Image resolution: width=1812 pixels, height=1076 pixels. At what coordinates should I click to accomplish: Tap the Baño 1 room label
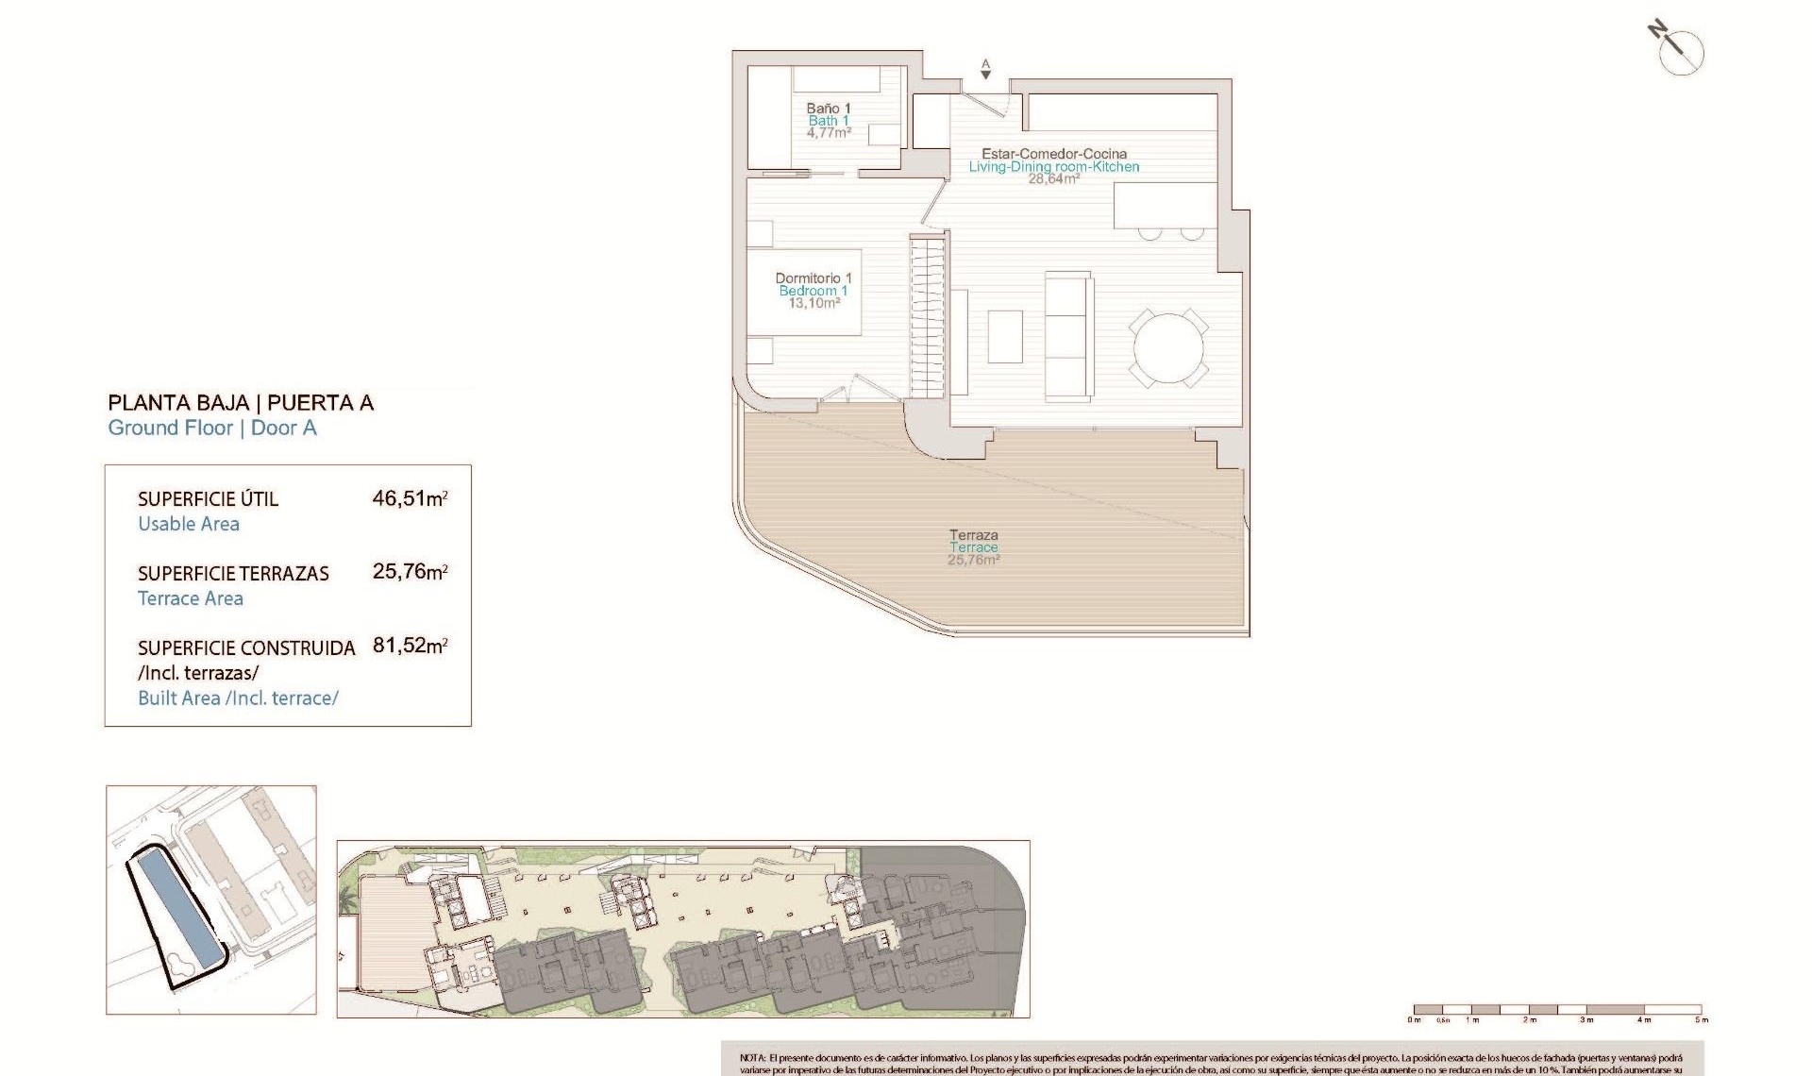click(829, 109)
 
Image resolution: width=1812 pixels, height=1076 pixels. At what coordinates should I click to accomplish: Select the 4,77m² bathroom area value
click(829, 133)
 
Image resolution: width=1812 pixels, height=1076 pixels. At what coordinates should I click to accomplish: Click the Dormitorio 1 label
click(814, 278)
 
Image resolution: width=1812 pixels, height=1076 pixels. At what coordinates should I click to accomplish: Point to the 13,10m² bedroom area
click(814, 303)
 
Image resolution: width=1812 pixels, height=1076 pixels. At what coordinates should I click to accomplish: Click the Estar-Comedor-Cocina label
click(1054, 154)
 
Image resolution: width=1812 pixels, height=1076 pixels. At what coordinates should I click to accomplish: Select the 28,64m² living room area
click(1054, 178)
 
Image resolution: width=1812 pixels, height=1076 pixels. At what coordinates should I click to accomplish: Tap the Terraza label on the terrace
click(973, 535)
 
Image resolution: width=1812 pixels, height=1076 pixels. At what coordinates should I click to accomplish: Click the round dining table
click(1168, 348)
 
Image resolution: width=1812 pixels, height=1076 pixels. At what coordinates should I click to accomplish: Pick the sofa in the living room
click(1069, 335)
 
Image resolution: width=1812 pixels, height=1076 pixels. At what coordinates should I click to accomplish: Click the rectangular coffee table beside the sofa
click(1005, 337)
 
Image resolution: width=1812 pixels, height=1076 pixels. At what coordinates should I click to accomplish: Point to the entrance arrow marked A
click(985, 70)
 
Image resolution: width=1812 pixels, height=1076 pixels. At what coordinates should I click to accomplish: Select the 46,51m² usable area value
click(410, 497)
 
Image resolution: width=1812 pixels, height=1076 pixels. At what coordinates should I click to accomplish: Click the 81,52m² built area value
click(410, 646)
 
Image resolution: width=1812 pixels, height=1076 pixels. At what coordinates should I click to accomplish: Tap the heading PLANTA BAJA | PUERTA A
click(241, 403)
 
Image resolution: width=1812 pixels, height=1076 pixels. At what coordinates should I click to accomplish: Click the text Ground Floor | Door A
click(212, 428)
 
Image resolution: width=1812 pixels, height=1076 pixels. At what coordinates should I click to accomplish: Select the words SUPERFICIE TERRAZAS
click(233, 574)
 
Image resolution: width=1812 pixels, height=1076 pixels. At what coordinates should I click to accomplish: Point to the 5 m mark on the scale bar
click(1701, 1018)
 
